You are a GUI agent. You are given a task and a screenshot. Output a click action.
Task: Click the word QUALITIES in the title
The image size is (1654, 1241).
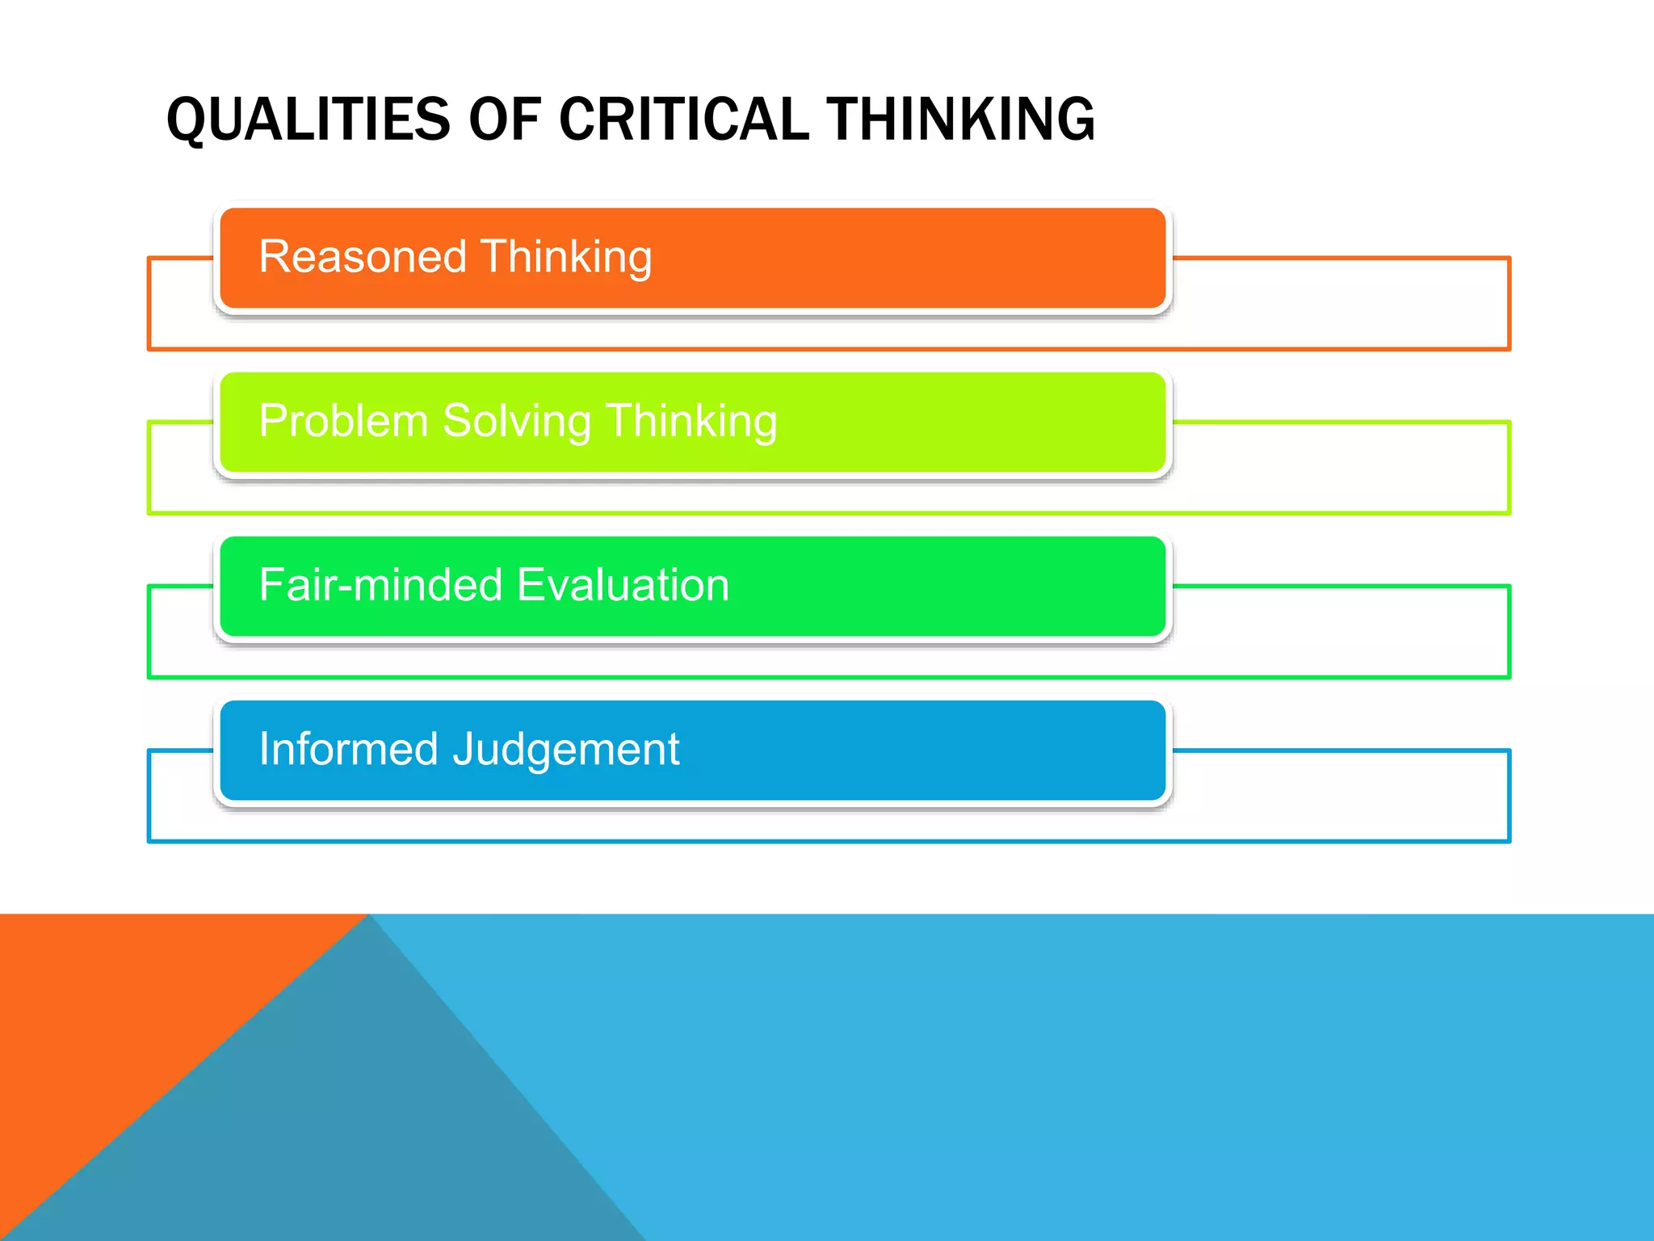coord(308,120)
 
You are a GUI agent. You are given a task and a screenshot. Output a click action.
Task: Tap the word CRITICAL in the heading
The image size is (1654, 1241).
coord(683,120)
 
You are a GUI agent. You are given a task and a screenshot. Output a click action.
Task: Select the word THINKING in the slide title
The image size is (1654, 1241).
coord(960,120)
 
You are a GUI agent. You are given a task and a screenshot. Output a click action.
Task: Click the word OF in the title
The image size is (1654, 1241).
coord(504,120)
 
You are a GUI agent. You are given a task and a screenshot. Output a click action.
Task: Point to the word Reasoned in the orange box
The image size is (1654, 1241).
coord(363,257)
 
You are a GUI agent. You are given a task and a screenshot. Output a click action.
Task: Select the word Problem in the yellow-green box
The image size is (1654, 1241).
coord(343,421)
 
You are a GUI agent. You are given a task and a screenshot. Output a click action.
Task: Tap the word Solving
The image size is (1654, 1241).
coord(517,421)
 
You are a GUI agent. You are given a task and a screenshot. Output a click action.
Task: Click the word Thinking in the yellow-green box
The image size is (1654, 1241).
coord(691,421)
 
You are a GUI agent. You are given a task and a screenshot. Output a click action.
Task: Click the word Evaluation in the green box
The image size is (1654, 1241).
coord(623,585)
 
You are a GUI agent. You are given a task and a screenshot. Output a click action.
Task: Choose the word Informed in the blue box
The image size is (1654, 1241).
coord(348,749)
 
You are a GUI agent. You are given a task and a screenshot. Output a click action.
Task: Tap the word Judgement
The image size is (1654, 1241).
coord(566,749)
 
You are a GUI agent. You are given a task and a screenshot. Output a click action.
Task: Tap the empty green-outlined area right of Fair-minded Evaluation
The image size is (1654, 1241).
coord(1341,632)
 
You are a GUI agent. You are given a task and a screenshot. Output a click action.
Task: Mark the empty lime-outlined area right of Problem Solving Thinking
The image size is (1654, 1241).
coord(1341,468)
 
